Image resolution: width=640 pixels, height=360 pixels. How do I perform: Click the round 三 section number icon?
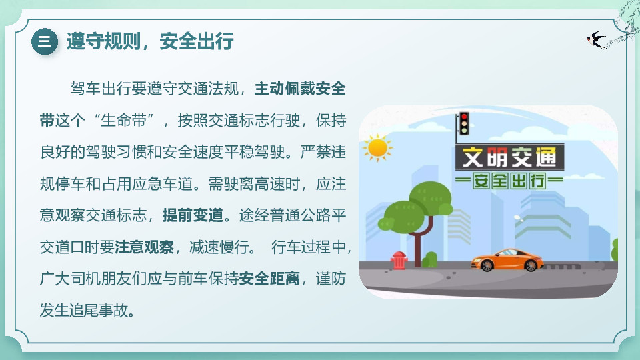click(45, 41)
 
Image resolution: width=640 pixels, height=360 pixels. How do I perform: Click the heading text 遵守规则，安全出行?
click(149, 41)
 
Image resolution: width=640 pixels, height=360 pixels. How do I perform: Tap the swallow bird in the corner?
click(596, 40)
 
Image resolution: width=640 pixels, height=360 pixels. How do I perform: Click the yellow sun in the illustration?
click(377, 148)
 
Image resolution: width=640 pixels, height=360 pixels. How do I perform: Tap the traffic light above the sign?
click(463, 124)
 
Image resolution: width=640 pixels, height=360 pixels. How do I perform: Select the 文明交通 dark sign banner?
click(509, 157)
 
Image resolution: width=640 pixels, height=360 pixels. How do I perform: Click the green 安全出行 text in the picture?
click(509, 180)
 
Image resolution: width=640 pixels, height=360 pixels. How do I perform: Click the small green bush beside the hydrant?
click(431, 259)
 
